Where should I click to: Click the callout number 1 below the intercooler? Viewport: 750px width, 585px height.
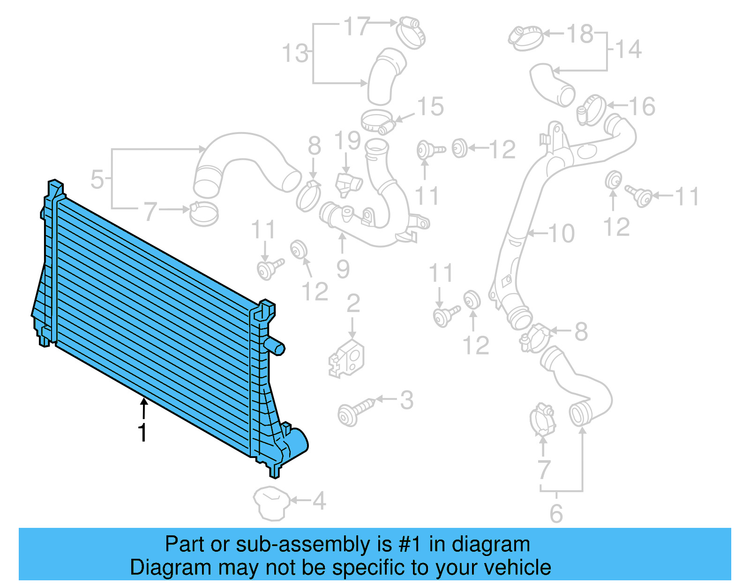point(142,432)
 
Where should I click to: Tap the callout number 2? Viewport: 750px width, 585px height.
point(353,304)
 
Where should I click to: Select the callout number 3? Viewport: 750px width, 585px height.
point(406,400)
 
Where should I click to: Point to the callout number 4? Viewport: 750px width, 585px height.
point(319,501)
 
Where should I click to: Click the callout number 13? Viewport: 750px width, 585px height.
point(295,53)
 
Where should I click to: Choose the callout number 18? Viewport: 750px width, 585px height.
point(580,34)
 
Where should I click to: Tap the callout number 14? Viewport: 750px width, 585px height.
point(628,49)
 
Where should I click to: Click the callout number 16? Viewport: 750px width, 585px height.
point(641,107)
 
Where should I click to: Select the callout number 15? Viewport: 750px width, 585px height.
point(430,107)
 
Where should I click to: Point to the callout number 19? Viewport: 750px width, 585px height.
point(347,141)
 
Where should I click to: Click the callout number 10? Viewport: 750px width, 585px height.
point(561,233)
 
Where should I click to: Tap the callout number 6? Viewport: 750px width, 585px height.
point(556,514)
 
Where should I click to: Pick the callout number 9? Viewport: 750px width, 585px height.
point(343,269)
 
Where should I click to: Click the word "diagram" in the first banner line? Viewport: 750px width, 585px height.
point(490,545)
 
